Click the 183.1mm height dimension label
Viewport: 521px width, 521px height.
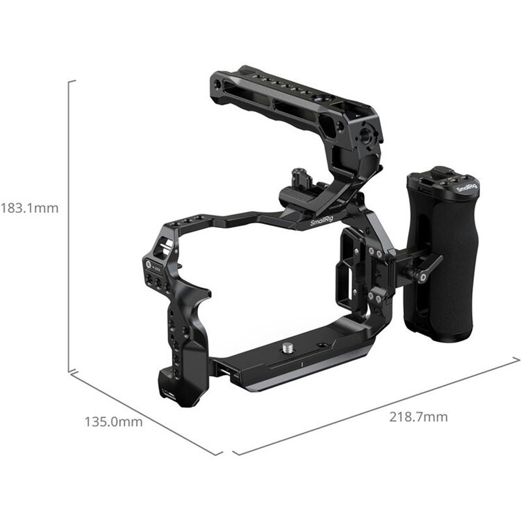(30, 208)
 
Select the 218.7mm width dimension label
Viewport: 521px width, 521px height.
(418, 417)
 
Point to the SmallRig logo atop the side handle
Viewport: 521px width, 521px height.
(466, 187)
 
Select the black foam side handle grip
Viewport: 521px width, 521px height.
(442, 260)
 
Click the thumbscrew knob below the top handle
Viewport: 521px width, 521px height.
(300, 176)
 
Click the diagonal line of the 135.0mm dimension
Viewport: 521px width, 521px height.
(146, 414)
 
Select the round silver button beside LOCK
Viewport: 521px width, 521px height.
(148, 264)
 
